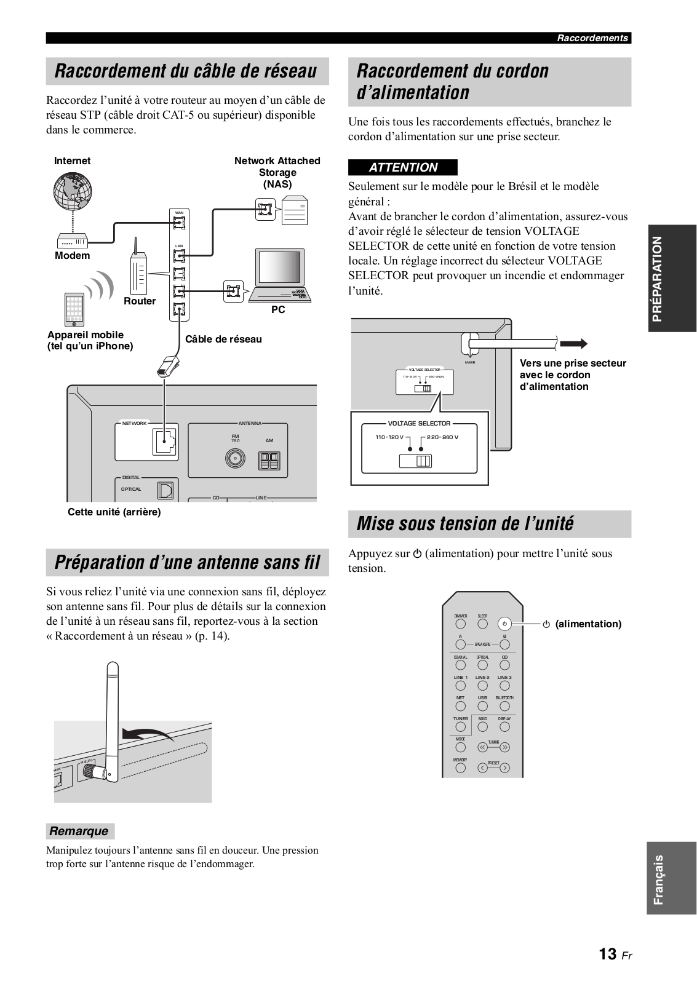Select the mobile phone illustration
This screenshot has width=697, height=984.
(x=74, y=310)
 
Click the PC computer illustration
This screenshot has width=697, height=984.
(x=279, y=276)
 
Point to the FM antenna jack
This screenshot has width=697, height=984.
(x=235, y=458)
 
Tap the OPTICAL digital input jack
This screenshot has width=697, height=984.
(x=165, y=490)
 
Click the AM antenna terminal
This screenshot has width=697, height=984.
(x=269, y=459)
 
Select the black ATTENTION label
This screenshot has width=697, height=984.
(x=403, y=167)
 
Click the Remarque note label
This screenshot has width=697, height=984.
(x=79, y=831)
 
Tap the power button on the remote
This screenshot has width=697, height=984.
(x=504, y=624)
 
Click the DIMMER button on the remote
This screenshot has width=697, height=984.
(x=460, y=624)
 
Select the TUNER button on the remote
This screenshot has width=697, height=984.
(x=460, y=727)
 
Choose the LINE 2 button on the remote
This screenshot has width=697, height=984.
(x=482, y=686)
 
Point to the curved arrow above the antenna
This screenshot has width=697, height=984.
(x=148, y=733)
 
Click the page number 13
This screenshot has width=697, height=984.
(x=608, y=954)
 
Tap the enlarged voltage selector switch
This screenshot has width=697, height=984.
(x=416, y=461)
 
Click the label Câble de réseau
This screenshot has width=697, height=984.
(x=223, y=339)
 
